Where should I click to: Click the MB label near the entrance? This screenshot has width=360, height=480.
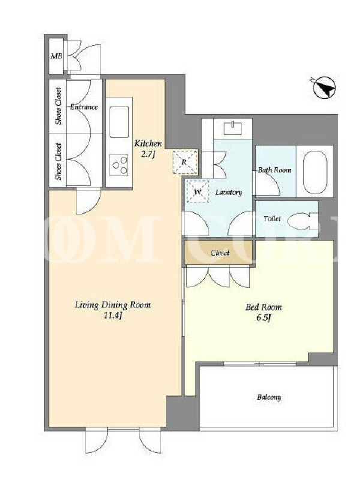pyautogui.click(x=56, y=56)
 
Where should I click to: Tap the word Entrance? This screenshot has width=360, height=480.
pyautogui.click(x=84, y=107)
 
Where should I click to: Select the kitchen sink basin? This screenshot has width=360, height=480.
pyautogui.click(x=119, y=122)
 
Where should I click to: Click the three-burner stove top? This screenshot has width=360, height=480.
pyautogui.click(x=119, y=165)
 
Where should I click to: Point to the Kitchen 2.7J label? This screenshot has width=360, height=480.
pyautogui.click(x=148, y=148)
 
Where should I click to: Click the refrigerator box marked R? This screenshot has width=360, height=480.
pyautogui.click(x=185, y=162)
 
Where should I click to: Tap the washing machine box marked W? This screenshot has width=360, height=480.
pyautogui.click(x=198, y=191)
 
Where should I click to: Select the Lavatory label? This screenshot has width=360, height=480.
pyautogui.click(x=229, y=193)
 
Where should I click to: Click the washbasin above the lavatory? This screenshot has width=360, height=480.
pyautogui.click(x=233, y=128)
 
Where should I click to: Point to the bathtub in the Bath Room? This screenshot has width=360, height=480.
pyautogui.click(x=314, y=171)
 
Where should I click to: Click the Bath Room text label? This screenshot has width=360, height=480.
pyautogui.click(x=274, y=170)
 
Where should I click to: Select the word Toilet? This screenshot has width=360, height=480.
pyautogui.click(x=272, y=219)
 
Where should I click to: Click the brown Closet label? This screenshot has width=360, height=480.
pyautogui.click(x=220, y=253)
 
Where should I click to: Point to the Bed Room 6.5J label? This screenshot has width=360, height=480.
pyautogui.click(x=263, y=312)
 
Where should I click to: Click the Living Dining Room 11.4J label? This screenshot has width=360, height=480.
pyautogui.click(x=113, y=310)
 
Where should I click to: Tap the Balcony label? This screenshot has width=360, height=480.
pyautogui.click(x=269, y=397)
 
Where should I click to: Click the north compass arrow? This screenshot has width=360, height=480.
pyautogui.click(x=325, y=88)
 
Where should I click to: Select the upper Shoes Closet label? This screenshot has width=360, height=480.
pyautogui.click(x=58, y=106)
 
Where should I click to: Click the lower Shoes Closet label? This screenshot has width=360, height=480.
pyautogui.click(x=58, y=161)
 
